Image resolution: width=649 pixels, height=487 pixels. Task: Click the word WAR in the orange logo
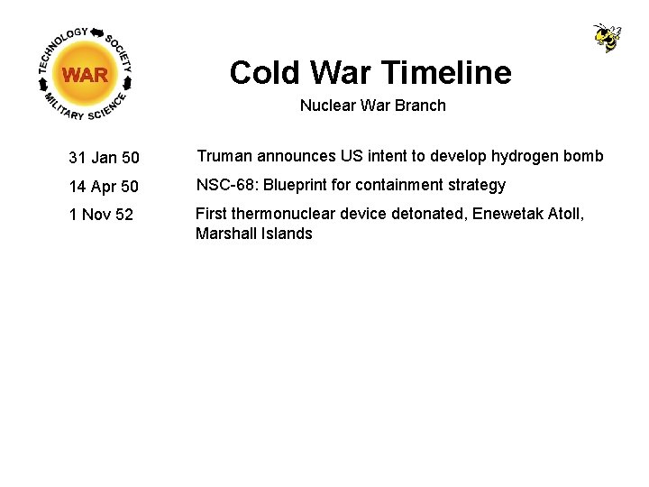(x=86, y=75)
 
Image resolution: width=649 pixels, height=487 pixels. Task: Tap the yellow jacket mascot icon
(x=607, y=37)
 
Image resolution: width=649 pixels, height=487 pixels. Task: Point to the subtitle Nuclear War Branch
(x=372, y=106)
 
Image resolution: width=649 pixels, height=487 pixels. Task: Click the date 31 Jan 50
(x=104, y=158)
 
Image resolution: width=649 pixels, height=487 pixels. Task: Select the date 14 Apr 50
(x=104, y=187)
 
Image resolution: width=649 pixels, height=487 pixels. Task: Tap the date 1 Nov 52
(x=101, y=216)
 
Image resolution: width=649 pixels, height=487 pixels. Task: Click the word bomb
(x=584, y=156)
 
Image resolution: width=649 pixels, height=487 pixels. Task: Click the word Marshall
(x=225, y=234)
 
